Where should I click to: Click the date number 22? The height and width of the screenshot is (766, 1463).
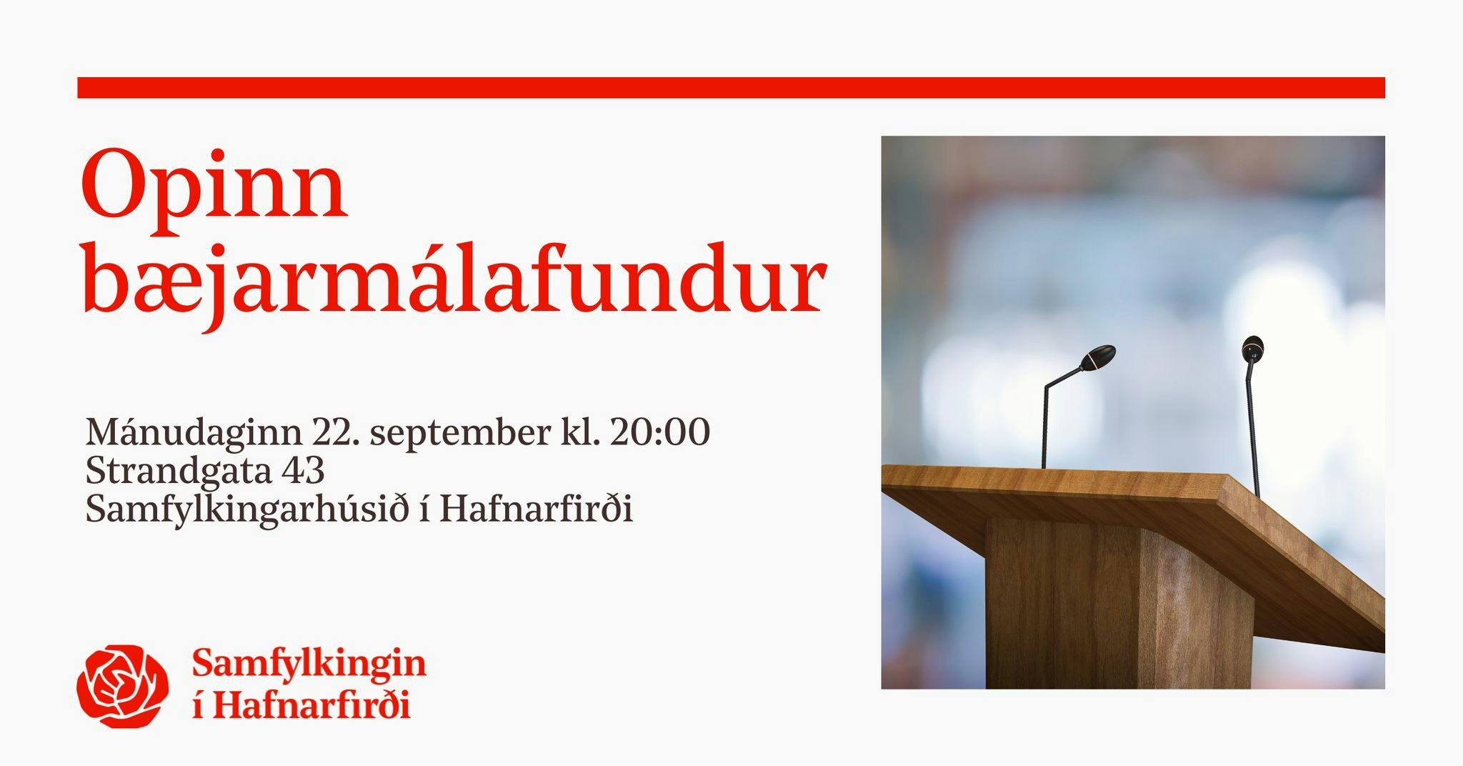(x=335, y=432)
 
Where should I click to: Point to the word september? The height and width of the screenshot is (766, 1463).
(x=461, y=434)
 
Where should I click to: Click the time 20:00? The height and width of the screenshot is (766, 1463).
(x=661, y=432)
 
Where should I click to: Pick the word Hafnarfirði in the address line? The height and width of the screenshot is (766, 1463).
(x=536, y=509)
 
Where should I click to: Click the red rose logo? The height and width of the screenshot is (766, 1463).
(x=123, y=686)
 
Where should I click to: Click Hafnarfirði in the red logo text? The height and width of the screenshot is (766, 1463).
(x=311, y=706)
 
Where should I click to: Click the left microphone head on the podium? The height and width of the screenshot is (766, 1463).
(x=1097, y=357)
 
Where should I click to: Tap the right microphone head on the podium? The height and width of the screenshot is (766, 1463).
(x=1253, y=348)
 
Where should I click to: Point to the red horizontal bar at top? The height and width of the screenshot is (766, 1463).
(x=731, y=87)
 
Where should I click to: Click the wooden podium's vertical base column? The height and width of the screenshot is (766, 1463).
(x=1119, y=603)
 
